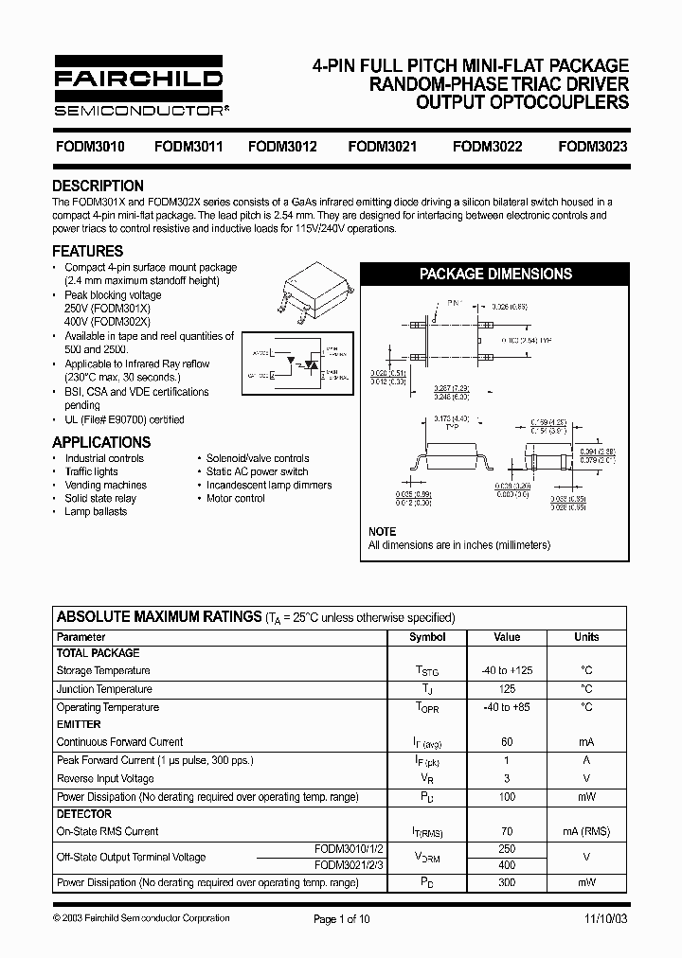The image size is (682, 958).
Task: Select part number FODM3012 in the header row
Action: pos(282,147)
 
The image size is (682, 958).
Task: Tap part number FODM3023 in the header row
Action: pos(593,147)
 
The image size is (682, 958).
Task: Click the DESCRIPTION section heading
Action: pos(98,186)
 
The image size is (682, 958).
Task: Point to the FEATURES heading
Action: pos(87,251)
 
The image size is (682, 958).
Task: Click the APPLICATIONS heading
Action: pos(100,442)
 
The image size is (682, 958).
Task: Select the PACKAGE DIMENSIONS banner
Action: pos(495,274)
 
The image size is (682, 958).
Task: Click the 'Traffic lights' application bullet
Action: pos(92,471)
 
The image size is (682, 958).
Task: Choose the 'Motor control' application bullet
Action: pos(236,498)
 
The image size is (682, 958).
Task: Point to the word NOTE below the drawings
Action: pos(382,531)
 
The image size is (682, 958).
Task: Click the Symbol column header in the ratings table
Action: pos(427,637)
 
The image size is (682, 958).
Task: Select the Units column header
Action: pos(586,637)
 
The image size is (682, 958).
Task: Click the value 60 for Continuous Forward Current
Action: pos(507,742)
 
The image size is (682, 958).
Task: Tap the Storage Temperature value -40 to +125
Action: pos(507,670)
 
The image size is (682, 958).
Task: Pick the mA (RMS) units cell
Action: pos(586,831)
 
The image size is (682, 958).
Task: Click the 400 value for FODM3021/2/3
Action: pos(507,865)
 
